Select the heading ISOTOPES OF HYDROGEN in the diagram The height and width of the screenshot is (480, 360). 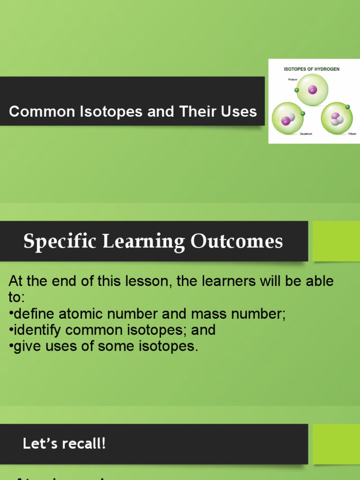312,69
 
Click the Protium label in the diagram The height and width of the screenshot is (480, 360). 292,80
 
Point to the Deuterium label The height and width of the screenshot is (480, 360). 307,134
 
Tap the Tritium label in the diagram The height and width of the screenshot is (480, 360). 352,134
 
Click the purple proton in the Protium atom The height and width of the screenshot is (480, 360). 312,90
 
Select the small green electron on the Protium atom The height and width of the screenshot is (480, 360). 296,90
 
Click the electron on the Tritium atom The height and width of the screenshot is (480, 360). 347,107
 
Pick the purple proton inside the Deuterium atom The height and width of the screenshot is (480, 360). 285,121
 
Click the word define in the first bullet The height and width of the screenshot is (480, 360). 32,314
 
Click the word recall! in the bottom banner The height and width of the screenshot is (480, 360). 85,443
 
